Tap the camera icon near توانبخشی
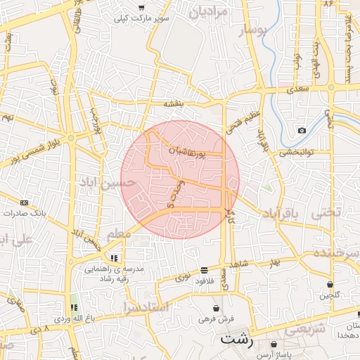302,130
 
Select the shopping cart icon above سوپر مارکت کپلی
141,8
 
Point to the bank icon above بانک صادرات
25,202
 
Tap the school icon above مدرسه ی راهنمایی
114,257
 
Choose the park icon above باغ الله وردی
74,307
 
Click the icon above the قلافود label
204,269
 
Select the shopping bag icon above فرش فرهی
216,309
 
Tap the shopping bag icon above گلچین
330,284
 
